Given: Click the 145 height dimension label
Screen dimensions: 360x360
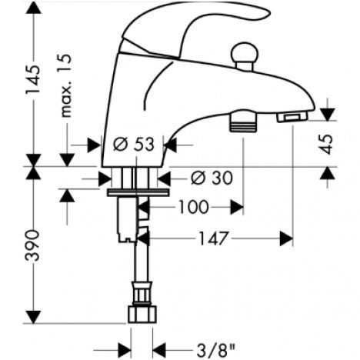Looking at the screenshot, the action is pyautogui.click(x=34, y=80).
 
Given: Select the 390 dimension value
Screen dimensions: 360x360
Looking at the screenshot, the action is pyautogui.click(x=34, y=245).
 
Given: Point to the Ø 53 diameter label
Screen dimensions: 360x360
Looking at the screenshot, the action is pyautogui.click(x=134, y=145).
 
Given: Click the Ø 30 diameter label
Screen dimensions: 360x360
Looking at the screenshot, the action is pyautogui.click(x=212, y=178).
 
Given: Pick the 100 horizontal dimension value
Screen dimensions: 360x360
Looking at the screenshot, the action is pyautogui.click(x=194, y=207).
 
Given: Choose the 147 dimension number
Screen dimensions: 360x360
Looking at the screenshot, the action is pyautogui.click(x=213, y=238).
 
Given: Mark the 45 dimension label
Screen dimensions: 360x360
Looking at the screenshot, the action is pyautogui.click(x=327, y=144).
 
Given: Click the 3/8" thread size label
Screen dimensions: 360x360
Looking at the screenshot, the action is pyautogui.click(x=215, y=350).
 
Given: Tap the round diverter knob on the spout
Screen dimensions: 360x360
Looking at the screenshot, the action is pyautogui.click(x=245, y=55).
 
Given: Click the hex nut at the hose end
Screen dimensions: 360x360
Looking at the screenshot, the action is pyautogui.click(x=142, y=314).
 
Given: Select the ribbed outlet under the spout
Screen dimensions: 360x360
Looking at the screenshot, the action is pyautogui.click(x=243, y=122).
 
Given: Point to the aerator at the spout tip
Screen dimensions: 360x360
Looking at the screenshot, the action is pyautogui.click(x=292, y=118).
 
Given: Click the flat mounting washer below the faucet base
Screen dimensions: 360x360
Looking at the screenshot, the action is pyautogui.click(x=138, y=192).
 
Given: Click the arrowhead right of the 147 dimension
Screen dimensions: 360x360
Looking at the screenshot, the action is pyautogui.click(x=286, y=238).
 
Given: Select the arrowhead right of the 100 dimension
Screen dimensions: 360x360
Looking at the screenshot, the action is pyautogui.click(x=237, y=207).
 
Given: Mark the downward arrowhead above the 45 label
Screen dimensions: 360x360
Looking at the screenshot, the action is pyautogui.click(x=328, y=115).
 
